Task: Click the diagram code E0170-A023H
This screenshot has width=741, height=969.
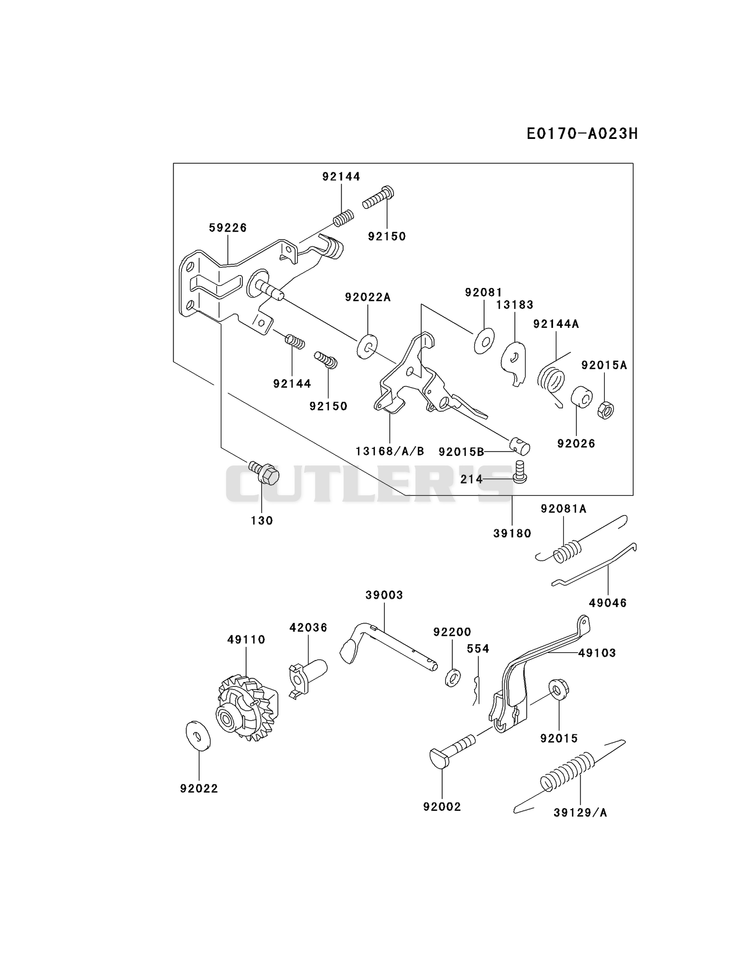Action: tap(582, 134)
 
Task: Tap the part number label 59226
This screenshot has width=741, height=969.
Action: tap(228, 228)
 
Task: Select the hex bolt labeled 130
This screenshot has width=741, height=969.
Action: tap(264, 472)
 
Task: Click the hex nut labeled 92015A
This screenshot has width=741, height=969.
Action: tap(606, 410)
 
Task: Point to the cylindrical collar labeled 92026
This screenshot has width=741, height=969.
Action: tap(582, 397)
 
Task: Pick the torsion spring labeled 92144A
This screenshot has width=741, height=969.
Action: tap(551, 378)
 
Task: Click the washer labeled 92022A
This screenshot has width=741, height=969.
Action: tap(367, 346)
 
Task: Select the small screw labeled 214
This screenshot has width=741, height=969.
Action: tap(520, 471)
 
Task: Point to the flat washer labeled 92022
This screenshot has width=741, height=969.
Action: tap(198, 734)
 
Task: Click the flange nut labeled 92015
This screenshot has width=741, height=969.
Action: tap(559, 690)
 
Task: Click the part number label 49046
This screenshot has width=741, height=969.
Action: tap(608, 603)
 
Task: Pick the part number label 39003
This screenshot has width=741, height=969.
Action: tap(384, 595)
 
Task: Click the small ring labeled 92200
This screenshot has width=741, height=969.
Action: tap(453, 677)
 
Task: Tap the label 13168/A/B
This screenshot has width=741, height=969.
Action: tap(390, 451)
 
